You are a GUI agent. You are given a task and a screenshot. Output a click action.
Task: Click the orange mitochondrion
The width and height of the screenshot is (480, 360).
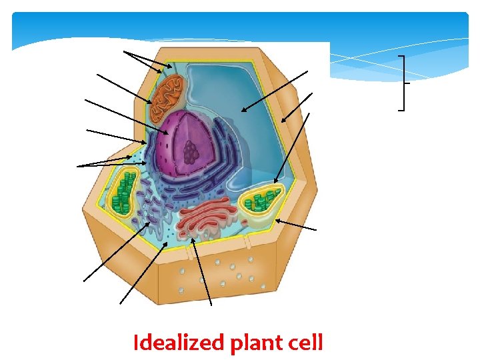(x=166, y=95)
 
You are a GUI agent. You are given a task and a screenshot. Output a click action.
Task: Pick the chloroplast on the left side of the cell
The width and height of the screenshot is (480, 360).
(x=124, y=193)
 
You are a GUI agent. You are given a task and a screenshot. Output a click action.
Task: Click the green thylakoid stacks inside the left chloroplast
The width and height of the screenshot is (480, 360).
(x=123, y=194)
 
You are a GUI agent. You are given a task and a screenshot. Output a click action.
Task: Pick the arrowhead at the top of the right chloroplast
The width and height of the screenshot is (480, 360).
(x=275, y=181)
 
